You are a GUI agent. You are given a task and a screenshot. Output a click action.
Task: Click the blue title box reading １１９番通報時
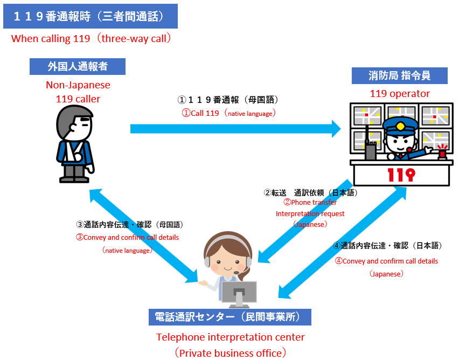(x=90, y=16)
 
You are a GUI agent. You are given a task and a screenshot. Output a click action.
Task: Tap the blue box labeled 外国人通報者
(x=78, y=66)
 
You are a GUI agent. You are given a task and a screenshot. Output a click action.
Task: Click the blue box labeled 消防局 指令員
(x=399, y=75)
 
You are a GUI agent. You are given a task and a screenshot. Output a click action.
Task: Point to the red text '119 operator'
(x=399, y=94)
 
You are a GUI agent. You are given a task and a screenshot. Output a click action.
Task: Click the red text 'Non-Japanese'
(x=78, y=85)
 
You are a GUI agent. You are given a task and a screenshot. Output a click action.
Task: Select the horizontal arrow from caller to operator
(x=235, y=128)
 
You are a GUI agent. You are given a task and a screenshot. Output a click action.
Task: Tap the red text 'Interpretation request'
(x=310, y=213)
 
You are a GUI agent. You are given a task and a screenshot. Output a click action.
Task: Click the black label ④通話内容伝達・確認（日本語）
(x=387, y=246)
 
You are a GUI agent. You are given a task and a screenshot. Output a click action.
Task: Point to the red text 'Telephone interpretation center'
(x=231, y=337)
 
